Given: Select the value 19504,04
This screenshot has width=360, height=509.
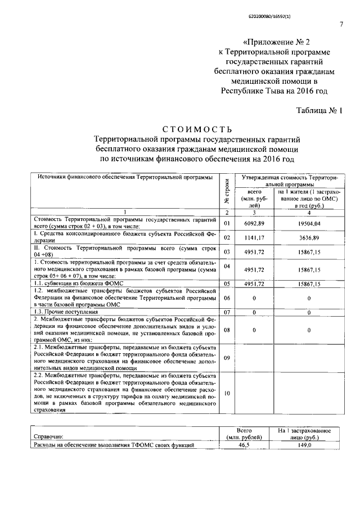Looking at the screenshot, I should [309, 223].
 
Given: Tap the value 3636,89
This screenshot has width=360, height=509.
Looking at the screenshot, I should [309, 238].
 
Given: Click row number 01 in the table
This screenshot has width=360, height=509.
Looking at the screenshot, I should [227, 223].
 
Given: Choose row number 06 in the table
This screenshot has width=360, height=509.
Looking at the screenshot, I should [227, 298].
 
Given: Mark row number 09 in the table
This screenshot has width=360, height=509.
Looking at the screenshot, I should [227, 357].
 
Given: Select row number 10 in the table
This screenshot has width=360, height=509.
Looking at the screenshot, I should [227, 393].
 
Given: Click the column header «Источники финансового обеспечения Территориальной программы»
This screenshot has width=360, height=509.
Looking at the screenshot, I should [125, 177].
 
